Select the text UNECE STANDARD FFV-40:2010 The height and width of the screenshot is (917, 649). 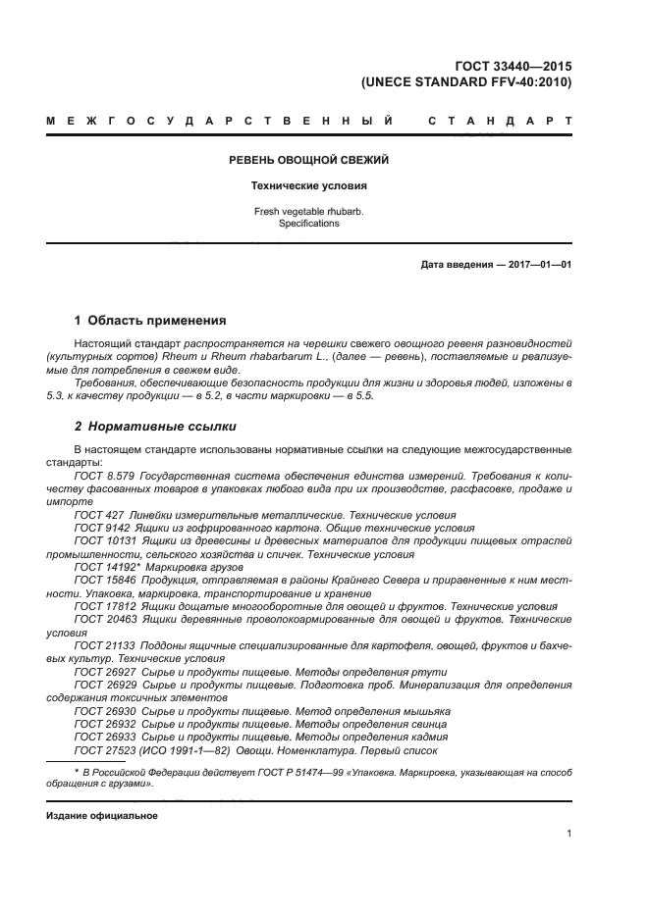click(x=466, y=82)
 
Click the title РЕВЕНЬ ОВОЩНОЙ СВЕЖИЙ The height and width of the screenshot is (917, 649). click(x=309, y=160)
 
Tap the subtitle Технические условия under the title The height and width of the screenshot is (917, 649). click(x=309, y=185)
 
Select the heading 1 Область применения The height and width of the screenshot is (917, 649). click(x=150, y=321)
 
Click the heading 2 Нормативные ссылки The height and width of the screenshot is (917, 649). click(x=155, y=427)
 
